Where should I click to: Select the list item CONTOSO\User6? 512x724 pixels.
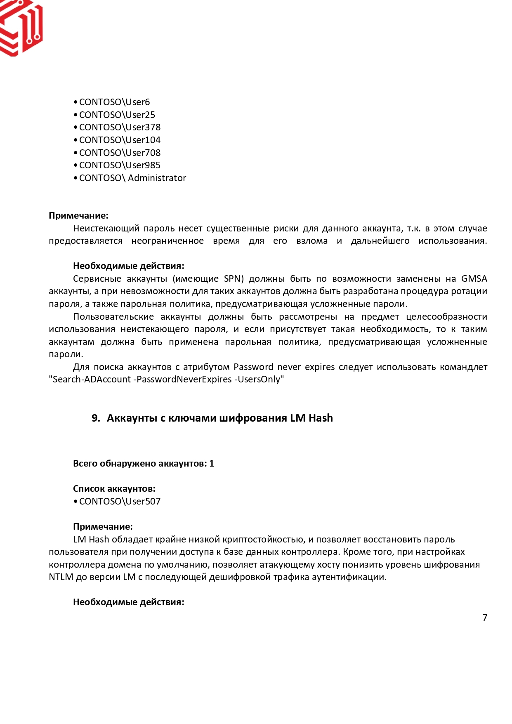(x=114, y=102)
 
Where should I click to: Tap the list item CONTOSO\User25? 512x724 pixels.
(x=117, y=115)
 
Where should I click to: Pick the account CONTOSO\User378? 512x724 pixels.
(x=120, y=127)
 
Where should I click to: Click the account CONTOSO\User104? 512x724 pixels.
(x=120, y=140)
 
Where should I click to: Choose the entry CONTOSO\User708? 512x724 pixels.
(x=120, y=153)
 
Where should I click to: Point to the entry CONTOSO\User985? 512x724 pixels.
(x=120, y=165)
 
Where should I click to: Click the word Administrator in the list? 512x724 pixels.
(x=157, y=178)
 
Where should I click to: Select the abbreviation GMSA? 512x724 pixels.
(x=474, y=278)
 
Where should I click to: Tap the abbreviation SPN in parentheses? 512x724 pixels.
(x=232, y=278)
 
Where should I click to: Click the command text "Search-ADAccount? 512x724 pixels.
(x=90, y=379)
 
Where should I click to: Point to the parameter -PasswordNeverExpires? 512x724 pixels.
(x=182, y=379)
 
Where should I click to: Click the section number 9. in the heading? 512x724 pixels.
(x=96, y=418)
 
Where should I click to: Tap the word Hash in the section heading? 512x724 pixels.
(x=321, y=418)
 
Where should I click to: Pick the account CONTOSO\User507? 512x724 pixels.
(x=120, y=501)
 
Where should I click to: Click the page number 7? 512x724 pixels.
(x=485, y=618)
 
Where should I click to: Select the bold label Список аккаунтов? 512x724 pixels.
(x=114, y=488)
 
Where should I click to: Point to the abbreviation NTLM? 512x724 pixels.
(x=61, y=577)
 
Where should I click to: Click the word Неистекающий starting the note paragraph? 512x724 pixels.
(x=106, y=228)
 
